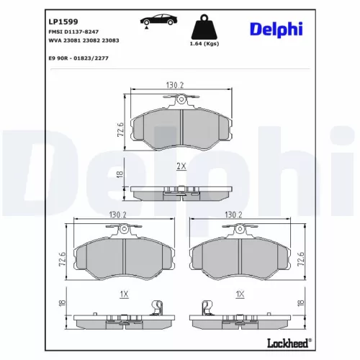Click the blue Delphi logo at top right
[x=276, y=28]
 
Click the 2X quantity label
[x=181, y=166]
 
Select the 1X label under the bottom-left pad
[x=123, y=294]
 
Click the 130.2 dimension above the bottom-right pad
[x=234, y=214]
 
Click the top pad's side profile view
[x=181, y=192]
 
